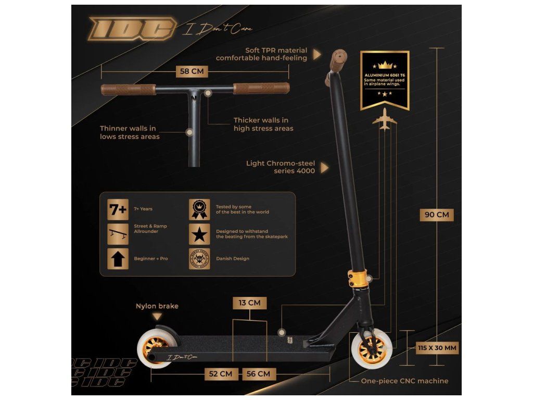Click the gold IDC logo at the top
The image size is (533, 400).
click(132, 29)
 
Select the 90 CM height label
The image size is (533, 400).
click(436, 215)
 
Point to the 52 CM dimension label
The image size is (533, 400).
click(221, 374)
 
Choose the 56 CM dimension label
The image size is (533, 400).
click(258, 374)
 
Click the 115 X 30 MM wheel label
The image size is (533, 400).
click(437, 347)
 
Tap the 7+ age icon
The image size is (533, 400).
click(118, 209)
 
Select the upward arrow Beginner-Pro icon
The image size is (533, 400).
click(118, 258)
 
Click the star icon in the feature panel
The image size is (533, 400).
click(199, 234)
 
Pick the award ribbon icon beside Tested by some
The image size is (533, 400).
click(199, 209)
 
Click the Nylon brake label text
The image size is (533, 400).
click(157, 306)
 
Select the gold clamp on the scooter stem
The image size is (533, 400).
click(360, 278)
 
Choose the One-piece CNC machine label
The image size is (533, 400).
click(404, 381)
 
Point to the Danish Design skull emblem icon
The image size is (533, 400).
click(199, 258)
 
